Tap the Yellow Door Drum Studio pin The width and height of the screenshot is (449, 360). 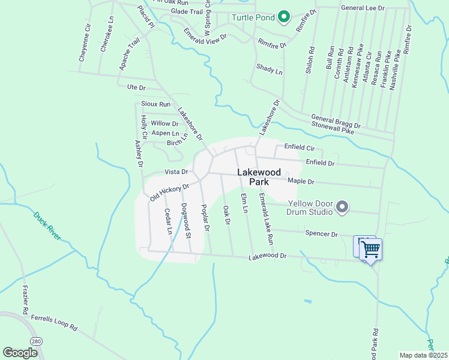click(342, 208)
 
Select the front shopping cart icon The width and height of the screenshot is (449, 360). click(372, 249)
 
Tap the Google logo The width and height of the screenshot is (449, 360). click(20, 353)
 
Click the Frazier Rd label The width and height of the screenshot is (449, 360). click(25, 300)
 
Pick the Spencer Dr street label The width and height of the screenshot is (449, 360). click(322, 233)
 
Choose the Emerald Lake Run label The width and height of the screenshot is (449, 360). click(266, 218)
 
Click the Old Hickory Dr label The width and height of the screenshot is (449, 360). click(169, 192)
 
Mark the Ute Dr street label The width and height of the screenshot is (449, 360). click(136, 88)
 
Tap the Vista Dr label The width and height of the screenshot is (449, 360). click(176, 172)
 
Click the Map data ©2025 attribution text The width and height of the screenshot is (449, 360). click(423, 355)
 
